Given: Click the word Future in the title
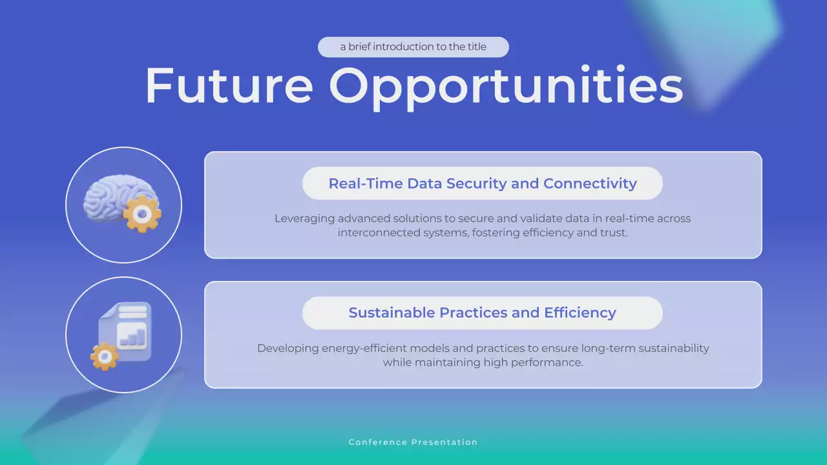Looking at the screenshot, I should click(229, 85).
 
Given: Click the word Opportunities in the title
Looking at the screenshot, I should click(505, 87).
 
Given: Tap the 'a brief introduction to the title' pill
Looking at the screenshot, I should click(413, 47).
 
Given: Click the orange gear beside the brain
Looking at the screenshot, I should click(143, 214).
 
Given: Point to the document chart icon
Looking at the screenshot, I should click(125, 331).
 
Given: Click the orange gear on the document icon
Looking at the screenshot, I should click(104, 356).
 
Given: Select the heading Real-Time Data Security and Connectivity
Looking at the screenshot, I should click(482, 183).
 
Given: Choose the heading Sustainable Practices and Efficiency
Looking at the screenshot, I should click(482, 313).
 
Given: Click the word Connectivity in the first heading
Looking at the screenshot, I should click(590, 183).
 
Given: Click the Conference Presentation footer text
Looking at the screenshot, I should click(413, 442).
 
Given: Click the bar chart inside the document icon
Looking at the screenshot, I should click(132, 336).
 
